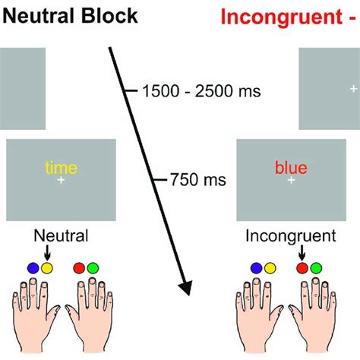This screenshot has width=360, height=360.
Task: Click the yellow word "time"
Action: tap(62, 168)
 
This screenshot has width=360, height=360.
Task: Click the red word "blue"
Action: tap(291, 168)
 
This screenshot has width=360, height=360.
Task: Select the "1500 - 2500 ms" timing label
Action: tap(201, 91)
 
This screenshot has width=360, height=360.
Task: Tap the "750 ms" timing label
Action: tap(198, 180)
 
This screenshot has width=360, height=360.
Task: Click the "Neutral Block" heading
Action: tap(70, 16)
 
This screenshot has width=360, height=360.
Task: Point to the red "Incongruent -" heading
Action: tap(290, 17)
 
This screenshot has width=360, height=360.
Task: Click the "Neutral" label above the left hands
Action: tap(61, 235)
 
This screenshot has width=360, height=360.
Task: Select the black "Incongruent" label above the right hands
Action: tap(291, 236)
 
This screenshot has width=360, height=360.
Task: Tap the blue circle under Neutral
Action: tap(33, 268)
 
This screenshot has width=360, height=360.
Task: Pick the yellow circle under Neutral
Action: tap(47, 268)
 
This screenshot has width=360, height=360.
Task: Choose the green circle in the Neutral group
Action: tap(93, 268)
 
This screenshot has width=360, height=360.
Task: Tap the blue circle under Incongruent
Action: tap(257, 268)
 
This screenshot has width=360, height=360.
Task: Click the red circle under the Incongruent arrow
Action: tap(302, 268)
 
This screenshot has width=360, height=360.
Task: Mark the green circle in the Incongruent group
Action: tap(316, 268)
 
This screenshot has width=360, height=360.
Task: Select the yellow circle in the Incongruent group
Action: tap(270, 268)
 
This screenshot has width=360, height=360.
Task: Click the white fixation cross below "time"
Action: tap(61, 180)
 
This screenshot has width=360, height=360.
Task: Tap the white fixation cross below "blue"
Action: tap(291, 180)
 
